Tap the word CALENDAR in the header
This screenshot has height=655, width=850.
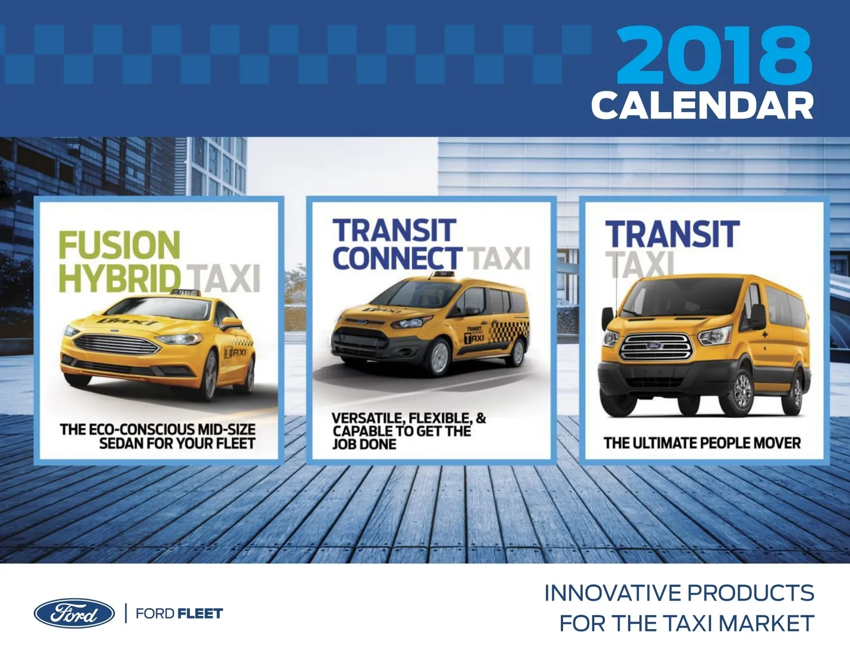pyautogui.click(x=703, y=106)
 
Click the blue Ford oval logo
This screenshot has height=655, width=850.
pyautogui.click(x=74, y=613)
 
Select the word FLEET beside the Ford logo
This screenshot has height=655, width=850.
pyautogui.click(x=200, y=614)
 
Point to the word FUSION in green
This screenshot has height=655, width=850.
pyautogui.click(x=119, y=245)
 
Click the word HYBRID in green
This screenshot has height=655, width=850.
pyautogui.click(x=119, y=278)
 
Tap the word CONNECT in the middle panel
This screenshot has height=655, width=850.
pyautogui.click(x=397, y=258)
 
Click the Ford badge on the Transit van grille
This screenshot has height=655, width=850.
pyautogui.click(x=654, y=346)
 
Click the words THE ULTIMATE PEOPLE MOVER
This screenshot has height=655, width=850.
pyautogui.click(x=702, y=443)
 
